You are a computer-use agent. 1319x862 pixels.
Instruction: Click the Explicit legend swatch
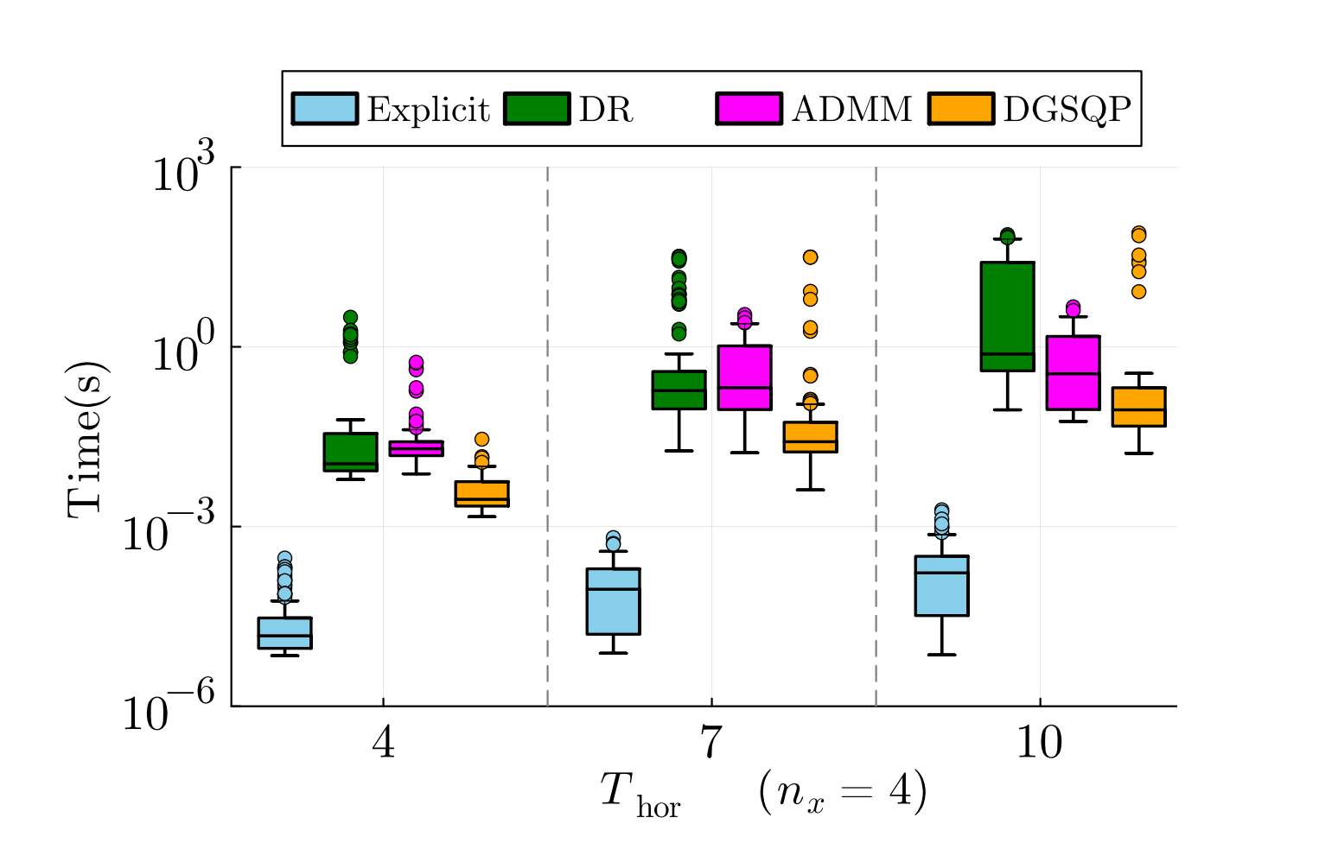coord(324,109)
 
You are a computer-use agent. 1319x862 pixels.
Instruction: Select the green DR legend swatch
coord(537,109)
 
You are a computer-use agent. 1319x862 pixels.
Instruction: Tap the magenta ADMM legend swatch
coord(749,109)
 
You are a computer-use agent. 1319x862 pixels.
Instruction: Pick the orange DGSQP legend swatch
coord(961,109)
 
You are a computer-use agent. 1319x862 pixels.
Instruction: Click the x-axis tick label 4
coord(383,742)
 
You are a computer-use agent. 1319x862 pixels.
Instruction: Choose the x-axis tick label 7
coord(710,742)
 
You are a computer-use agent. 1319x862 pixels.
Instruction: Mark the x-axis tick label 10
coord(1039,742)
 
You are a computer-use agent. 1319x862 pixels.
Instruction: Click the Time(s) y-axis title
coord(86,438)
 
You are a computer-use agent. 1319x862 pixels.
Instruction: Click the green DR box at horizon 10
coord(1007,316)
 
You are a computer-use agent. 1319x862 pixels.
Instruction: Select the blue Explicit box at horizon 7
coord(613,601)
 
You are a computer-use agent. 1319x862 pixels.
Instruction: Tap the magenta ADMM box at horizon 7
coord(744,377)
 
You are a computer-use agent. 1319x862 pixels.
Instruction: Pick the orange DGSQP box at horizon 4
coord(481,493)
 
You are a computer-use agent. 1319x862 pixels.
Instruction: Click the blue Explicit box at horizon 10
coord(941,586)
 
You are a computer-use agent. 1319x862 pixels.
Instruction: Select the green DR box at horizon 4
coord(350,452)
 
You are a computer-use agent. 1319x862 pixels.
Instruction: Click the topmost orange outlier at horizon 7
coord(810,257)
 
